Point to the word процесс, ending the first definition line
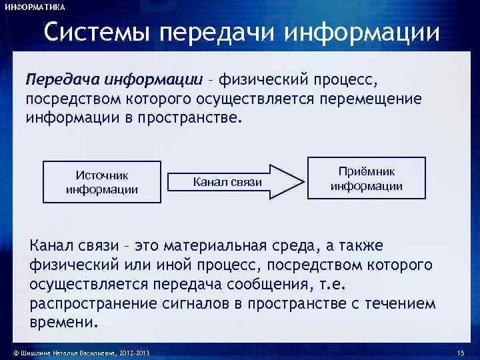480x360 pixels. pyautogui.click(x=343, y=81)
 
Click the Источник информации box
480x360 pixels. pyautogui.click(x=102, y=181)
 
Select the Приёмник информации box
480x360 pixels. pyautogui.click(x=366, y=178)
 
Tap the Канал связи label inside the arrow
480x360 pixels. pyautogui.click(x=227, y=181)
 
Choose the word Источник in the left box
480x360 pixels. pyautogui.click(x=102, y=175)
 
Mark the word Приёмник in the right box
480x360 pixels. pyautogui.click(x=367, y=171)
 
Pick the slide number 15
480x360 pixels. pyautogui.click(x=460, y=353)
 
